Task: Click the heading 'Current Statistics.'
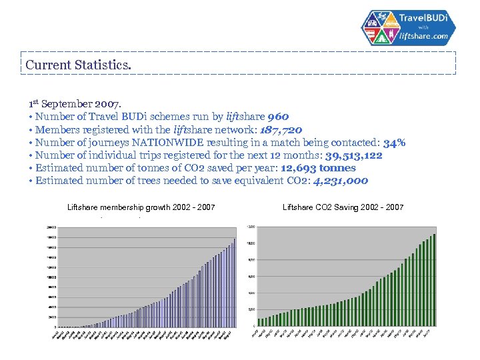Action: pyautogui.click(x=78, y=65)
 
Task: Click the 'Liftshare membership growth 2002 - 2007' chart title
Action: pyautogui.click(x=141, y=208)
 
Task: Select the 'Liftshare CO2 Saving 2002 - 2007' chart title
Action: pyautogui.click(x=343, y=208)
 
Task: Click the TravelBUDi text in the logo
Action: pyautogui.click(x=425, y=17)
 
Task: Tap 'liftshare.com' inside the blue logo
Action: pyautogui.click(x=424, y=37)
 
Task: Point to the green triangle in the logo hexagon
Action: pyautogui.click(x=385, y=38)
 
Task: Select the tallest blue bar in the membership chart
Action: pyautogui.click(x=235, y=283)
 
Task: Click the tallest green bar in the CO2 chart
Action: pyautogui.click(x=435, y=280)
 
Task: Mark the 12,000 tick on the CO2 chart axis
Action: pyautogui.click(x=251, y=227)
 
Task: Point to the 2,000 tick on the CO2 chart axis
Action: pyautogui.click(x=252, y=309)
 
